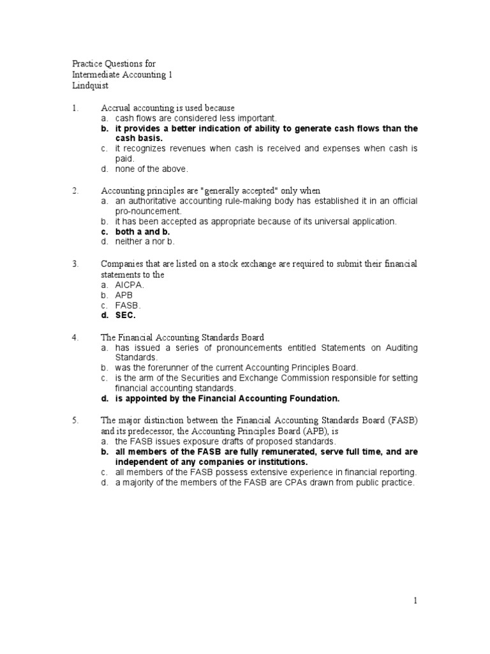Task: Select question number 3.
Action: (75, 264)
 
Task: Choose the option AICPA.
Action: (130, 285)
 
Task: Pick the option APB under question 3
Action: (124, 295)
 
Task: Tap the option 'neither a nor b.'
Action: (145, 242)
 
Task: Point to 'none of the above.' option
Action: (152, 169)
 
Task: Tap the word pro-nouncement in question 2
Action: (148, 211)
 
